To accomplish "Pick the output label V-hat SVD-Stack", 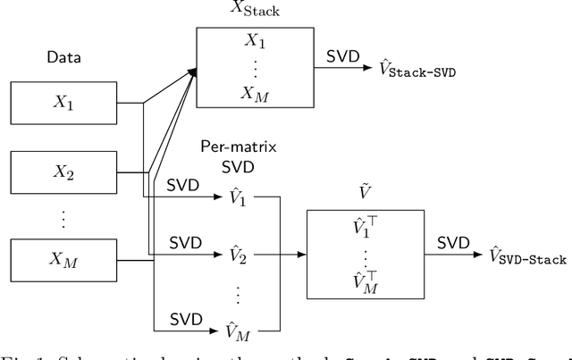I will click(x=528, y=258).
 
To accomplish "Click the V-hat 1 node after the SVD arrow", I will click(x=237, y=198).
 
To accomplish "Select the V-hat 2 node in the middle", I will click(x=237, y=255).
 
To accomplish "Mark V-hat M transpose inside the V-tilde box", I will click(x=365, y=283).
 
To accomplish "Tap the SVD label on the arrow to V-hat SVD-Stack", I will click(x=453, y=242).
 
